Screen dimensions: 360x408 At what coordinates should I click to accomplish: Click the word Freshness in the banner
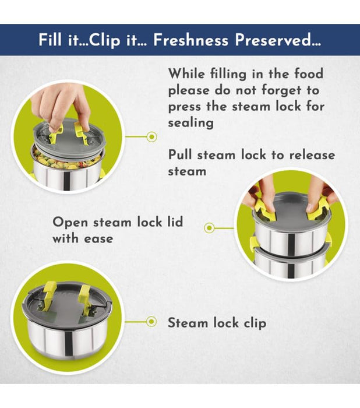[x=190, y=40]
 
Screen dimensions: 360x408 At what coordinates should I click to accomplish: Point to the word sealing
[x=190, y=122]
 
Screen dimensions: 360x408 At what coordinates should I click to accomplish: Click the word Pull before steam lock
[x=180, y=156]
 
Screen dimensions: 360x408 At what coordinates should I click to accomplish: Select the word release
[x=312, y=156]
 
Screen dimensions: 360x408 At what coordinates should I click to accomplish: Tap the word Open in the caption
[x=70, y=223]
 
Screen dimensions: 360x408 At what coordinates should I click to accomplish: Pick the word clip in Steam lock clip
[x=255, y=323]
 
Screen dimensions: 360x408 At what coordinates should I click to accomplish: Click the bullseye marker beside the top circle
[x=151, y=136]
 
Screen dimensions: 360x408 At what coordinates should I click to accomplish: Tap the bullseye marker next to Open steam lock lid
[x=209, y=228]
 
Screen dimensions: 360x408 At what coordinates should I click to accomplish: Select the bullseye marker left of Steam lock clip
[x=151, y=322]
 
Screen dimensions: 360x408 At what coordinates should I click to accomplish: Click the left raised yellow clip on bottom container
[x=49, y=296]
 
